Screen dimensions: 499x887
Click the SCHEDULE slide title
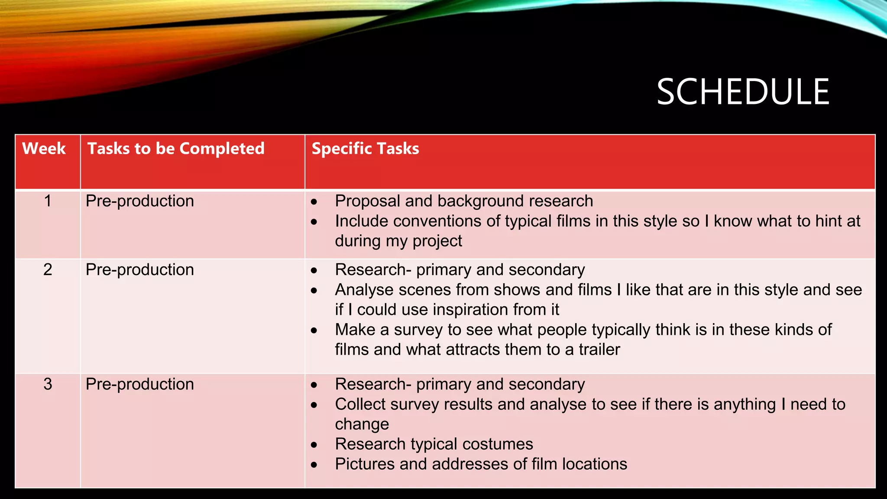click(742, 92)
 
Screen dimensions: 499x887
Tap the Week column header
click(44, 149)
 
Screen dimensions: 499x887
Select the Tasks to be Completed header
click(176, 149)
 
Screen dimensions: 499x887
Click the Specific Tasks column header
click(365, 149)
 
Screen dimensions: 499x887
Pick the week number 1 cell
click(48, 201)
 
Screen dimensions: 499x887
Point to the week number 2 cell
click(48, 270)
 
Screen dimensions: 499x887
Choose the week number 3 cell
click(48, 384)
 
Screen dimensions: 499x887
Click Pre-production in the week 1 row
click(139, 201)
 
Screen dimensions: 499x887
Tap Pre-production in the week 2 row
click(139, 270)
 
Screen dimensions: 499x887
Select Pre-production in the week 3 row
click(139, 384)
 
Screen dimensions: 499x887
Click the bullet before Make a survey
click(314, 331)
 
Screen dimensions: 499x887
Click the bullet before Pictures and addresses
click(314, 465)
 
